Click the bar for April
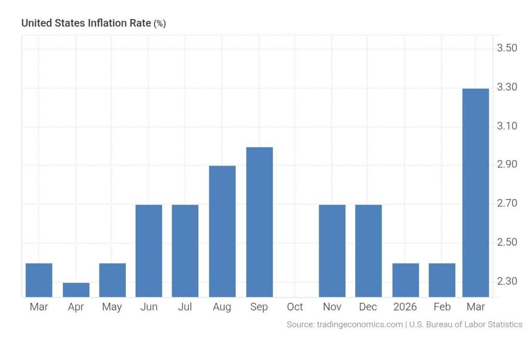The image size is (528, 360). [x=76, y=290]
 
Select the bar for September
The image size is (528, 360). [x=259, y=222]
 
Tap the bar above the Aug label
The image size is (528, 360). [x=222, y=231]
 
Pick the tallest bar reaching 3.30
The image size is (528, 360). [x=475, y=192]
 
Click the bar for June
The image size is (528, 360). [x=148, y=251]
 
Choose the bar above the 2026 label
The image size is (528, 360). [x=405, y=280]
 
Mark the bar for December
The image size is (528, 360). [x=369, y=251]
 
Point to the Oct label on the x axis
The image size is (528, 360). [x=295, y=307]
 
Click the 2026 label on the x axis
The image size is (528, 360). [x=405, y=307]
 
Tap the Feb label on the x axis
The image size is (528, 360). [x=442, y=307]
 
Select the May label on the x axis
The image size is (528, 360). [x=112, y=307]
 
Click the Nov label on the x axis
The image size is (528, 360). [x=332, y=307]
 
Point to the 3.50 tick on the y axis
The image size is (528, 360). [x=506, y=48]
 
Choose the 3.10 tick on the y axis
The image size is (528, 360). [x=506, y=126]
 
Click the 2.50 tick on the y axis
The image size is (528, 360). [x=506, y=242]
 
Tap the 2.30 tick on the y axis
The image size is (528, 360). [x=506, y=281]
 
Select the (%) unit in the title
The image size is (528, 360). [x=160, y=24]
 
